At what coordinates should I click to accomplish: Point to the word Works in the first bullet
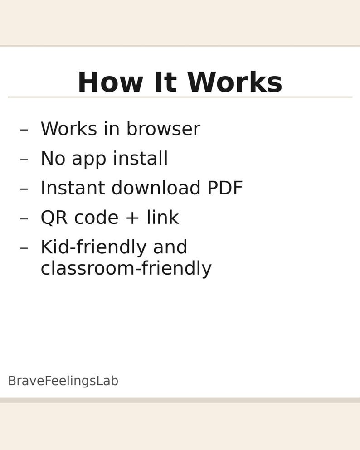pos(68,129)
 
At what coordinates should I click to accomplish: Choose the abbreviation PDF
pos(225,188)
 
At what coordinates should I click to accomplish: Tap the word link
pos(162,218)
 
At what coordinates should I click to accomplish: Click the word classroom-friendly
pos(126,268)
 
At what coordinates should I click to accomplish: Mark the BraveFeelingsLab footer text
pos(63,381)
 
